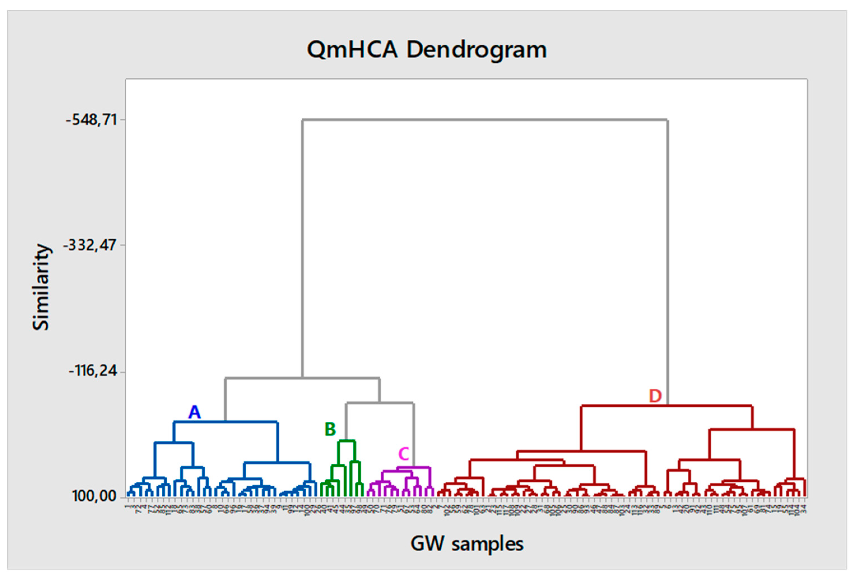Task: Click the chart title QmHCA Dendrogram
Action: (x=427, y=50)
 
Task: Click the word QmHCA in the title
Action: (x=352, y=50)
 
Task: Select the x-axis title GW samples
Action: (x=466, y=544)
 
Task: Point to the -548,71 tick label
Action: (x=91, y=120)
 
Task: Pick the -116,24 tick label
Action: (x=93, y=371)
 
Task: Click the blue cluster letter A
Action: (x=195, y=412)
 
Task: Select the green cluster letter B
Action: (x=330, y=429)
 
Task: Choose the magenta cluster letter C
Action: (x=404, y=454)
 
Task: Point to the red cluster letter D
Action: (x=655, y=396)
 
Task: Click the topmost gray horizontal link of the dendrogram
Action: (x=485, y=120)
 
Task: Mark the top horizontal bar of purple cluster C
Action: (x=413, y=468)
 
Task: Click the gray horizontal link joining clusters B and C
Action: (x=380, y=403)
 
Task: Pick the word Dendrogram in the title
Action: (x=477, y=50)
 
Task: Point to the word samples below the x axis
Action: (x=487, y=544)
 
